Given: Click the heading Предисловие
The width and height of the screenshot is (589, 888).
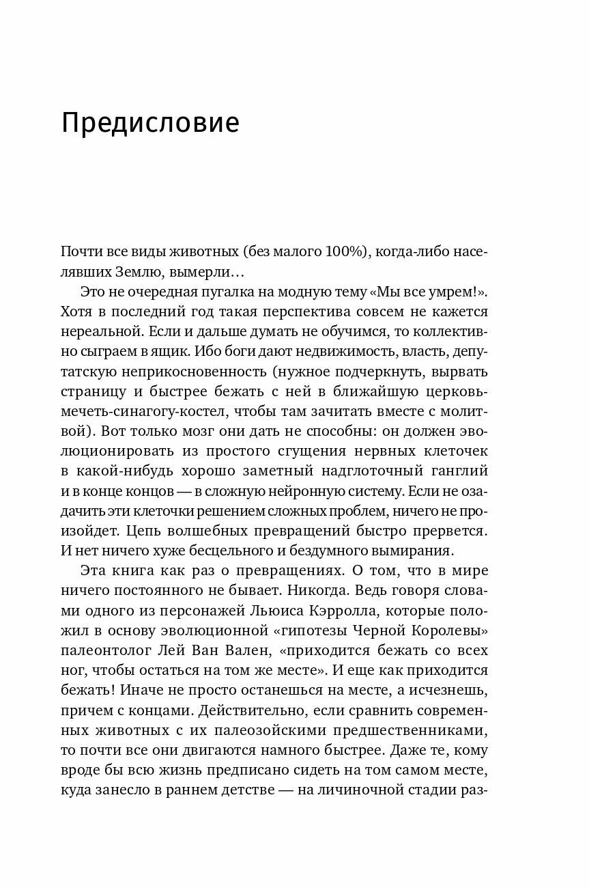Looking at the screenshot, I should (150, 124).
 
